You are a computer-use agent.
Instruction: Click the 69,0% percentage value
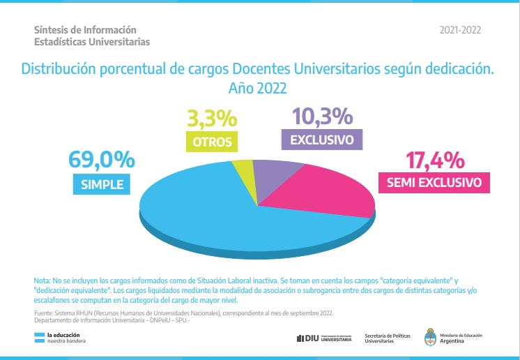pyautogui.click(x=101, y=160)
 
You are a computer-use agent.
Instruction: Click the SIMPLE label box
pyautogui.click(x=102, y=184)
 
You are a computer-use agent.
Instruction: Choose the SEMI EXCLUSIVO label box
pyautogui.click(x=434, y=183)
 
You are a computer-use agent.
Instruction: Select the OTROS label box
pyautogui.click(x=212, y=142)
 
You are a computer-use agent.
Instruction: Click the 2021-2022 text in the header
pyautogui.click(x=460, y=30)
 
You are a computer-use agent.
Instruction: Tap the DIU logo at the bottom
pyautogui.click(x=323, y=338)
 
